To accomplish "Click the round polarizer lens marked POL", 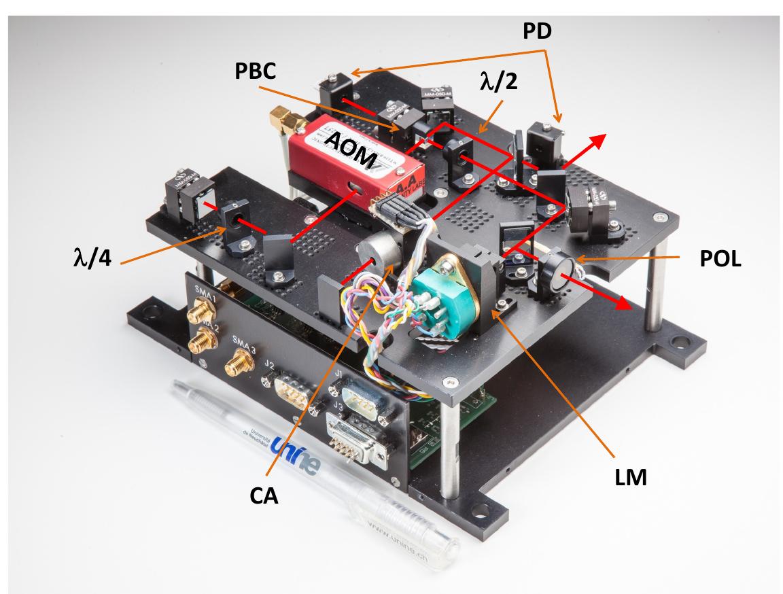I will pyautogui.click(x=555, y=270).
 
